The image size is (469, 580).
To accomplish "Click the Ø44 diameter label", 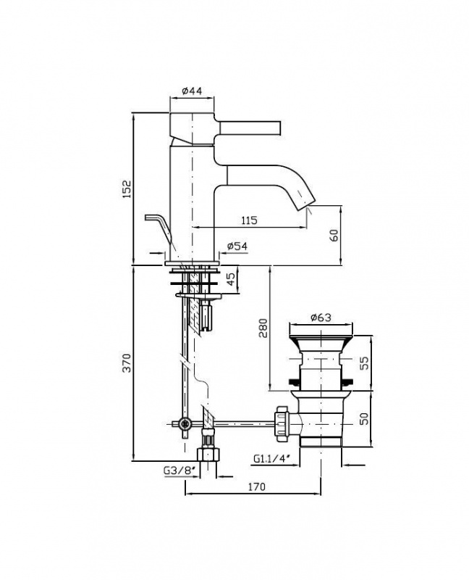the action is [x=192, y=91].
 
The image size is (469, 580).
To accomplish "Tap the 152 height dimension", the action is [x=127, y=189].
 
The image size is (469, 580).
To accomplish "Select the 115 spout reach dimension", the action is [x=249, y=220].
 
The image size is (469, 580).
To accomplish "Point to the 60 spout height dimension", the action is [x=334, y=236].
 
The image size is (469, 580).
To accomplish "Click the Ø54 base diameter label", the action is [x=237, y=246].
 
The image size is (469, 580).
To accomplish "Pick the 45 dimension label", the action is [x=231, y=279].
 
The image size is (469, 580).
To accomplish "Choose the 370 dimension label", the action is [x=127, y=363].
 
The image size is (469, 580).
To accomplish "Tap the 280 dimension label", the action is [x=263, y=328].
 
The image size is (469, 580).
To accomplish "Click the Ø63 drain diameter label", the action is [x=321, y=318].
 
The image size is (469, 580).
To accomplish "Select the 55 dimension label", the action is [x=364, y=363].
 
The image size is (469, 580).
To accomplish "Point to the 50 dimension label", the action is [x=364, y=419].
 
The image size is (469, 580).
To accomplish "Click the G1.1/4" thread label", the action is [x=272, y=459].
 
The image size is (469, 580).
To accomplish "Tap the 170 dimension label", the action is [x=256, y=486].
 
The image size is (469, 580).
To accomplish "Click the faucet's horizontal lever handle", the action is [x=250, y=127].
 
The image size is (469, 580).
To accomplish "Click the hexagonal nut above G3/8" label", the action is [x=208, y=455].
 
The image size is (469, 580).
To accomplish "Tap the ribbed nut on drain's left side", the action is [x=282, y=424].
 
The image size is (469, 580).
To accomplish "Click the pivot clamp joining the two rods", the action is [x=185, y=423].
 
